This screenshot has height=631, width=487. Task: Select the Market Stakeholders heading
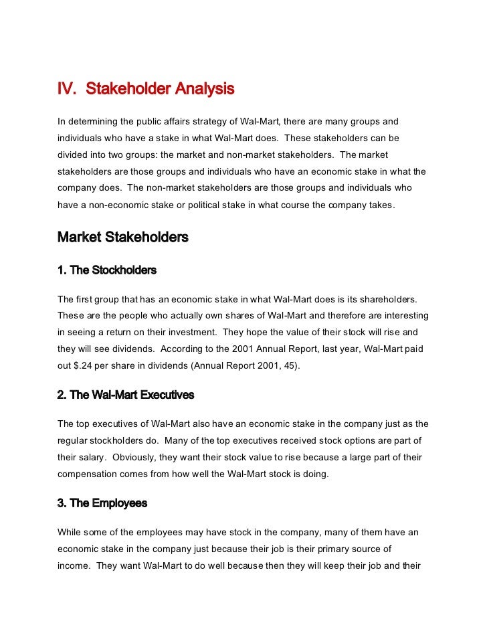tap(123, 238)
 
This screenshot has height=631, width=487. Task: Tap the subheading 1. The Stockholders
tap(107, 270)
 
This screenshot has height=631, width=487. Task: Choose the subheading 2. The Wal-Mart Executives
tap(126, 395)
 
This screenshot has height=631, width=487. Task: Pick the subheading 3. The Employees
tap(102, 503)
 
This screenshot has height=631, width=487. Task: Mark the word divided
tap(74, 155)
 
